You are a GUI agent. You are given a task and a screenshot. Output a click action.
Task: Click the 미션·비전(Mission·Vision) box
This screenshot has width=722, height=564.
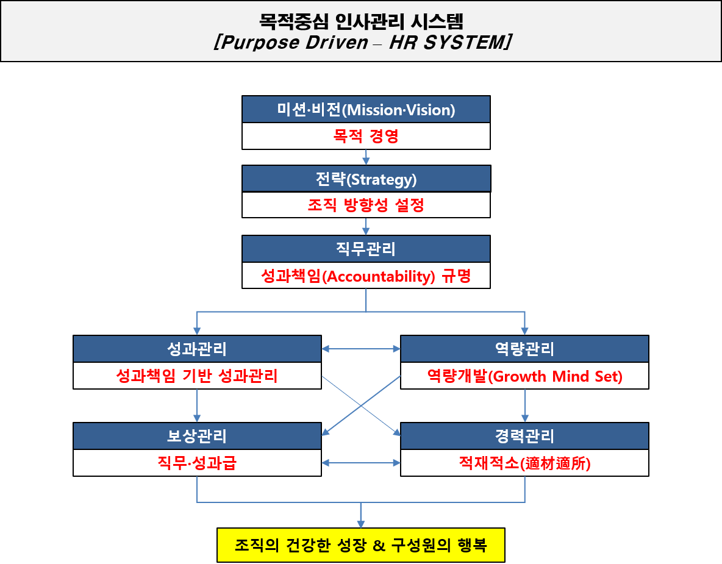click(366, 110)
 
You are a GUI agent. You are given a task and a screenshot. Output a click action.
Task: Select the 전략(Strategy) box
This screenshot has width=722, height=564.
click(366, 179)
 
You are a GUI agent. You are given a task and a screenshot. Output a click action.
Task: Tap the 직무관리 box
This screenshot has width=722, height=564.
click(366, 249)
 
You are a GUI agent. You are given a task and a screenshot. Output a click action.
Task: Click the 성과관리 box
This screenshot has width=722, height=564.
click(197, 349)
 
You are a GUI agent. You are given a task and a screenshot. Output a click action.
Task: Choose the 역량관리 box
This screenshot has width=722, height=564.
click(524, 349)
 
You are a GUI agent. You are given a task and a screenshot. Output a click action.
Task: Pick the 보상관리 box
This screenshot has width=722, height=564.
click(197, 436)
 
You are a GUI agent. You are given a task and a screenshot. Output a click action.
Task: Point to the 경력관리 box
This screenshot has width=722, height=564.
click(524, 436)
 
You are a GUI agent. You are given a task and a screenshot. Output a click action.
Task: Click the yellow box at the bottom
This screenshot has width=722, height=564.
click(361, 544)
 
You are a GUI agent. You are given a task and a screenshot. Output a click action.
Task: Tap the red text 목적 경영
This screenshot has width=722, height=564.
click(366, 136)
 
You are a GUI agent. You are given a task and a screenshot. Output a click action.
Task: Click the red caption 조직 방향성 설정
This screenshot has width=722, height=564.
click(366, 205)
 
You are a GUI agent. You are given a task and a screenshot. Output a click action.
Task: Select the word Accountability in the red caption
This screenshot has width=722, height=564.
click(377, 276)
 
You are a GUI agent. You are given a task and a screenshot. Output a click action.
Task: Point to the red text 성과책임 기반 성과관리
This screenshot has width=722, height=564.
click(197, 376)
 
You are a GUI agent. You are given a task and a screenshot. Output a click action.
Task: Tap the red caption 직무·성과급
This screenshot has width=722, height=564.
click(197, 463)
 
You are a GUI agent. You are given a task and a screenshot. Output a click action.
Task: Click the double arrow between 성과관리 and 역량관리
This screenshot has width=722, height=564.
click(361, 349)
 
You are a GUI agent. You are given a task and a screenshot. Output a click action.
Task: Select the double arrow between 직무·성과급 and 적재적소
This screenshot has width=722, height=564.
click(361, 463)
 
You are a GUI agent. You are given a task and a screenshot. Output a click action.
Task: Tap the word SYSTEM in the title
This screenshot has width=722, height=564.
click(463, 43)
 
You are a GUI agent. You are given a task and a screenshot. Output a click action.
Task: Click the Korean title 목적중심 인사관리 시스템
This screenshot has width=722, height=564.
click(361, 22)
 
